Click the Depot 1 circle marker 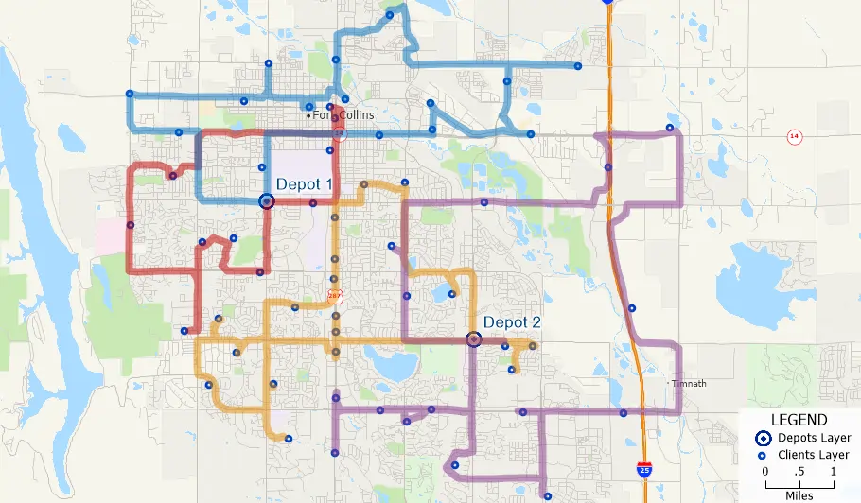click(x=266, y=200)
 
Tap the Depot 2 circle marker click(x=475, y=338)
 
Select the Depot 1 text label click(x=304, y=184)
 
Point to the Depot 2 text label click(x=512, y=322)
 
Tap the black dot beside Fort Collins click(x=309, y=115)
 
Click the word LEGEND click(x=799, y=420)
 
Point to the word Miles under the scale click(x=799, y=494)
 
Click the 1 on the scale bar click(x=834, y=472)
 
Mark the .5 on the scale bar click(x=799, y=472)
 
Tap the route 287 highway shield click(x=334, y=296)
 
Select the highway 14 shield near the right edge click(x=794, y=137)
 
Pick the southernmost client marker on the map click(x=548, y=494)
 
